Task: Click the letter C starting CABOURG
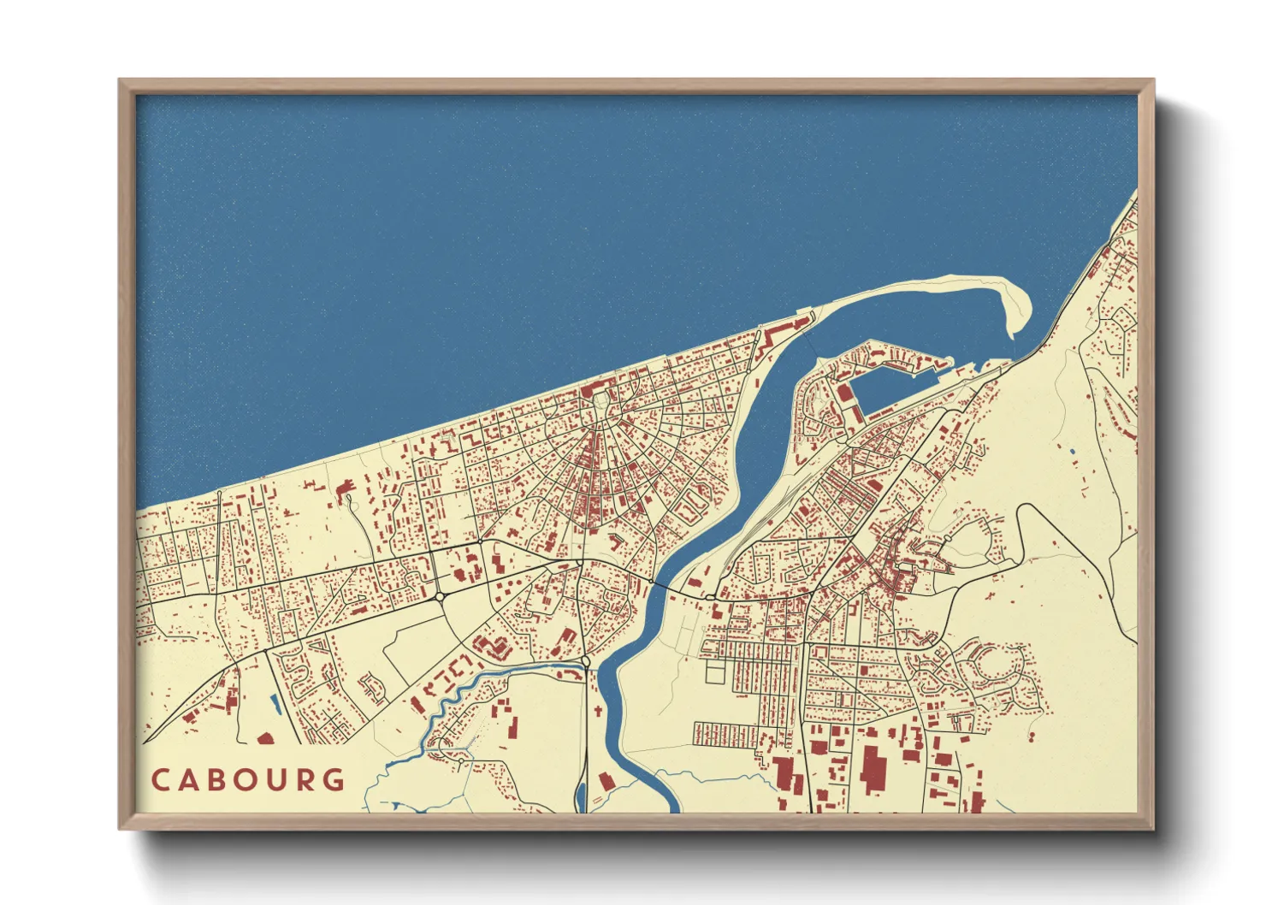click(161, 780)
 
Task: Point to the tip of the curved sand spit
click(1015, 334)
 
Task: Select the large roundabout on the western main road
click(440, 595)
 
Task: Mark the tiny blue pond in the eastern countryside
click(1071, 450)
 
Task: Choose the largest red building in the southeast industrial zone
click(873, 767)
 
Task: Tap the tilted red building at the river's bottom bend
click(606, 781)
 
